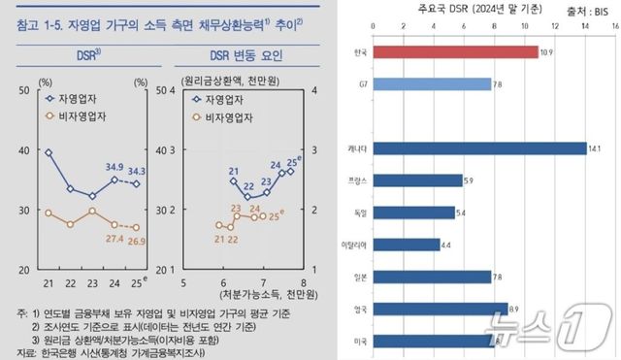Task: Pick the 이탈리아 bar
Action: click(x=399, y=245)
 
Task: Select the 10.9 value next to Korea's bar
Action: click(x=545, y=51)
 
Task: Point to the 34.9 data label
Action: click(x=115, y=167)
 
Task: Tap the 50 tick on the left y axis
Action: click(x=22, y=88)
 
